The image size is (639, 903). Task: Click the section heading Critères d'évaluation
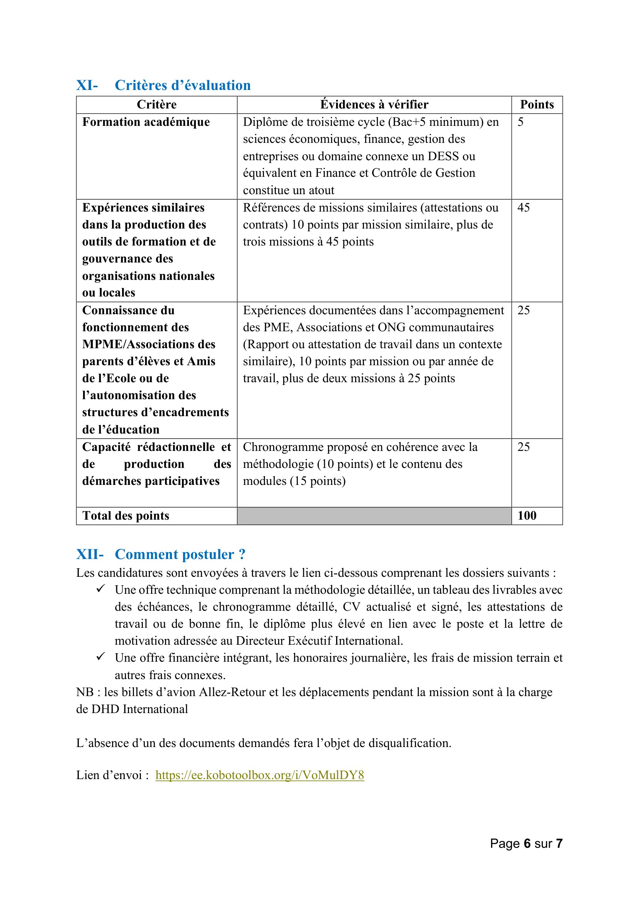point(183,85)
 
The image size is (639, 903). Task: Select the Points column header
point(537,105)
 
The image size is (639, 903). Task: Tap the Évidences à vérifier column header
point(374,105)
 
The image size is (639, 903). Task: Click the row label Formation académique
point(146,122)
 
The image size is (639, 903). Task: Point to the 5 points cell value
point(520,122)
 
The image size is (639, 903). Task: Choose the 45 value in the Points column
point(523,208)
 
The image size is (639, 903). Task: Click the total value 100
point(527,516)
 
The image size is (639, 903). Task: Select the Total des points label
point(126,516)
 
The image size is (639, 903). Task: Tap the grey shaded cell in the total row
point(374,516)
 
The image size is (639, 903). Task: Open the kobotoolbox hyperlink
point(260,775)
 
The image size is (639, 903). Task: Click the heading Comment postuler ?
point(180,554)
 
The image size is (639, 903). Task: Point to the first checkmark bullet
point(101,589)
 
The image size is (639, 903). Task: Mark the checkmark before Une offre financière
point(101,657)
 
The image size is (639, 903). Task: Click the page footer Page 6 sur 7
point(526,843)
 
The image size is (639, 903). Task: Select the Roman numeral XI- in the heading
point(87,85)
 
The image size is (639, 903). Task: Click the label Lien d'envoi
point(112,775)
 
